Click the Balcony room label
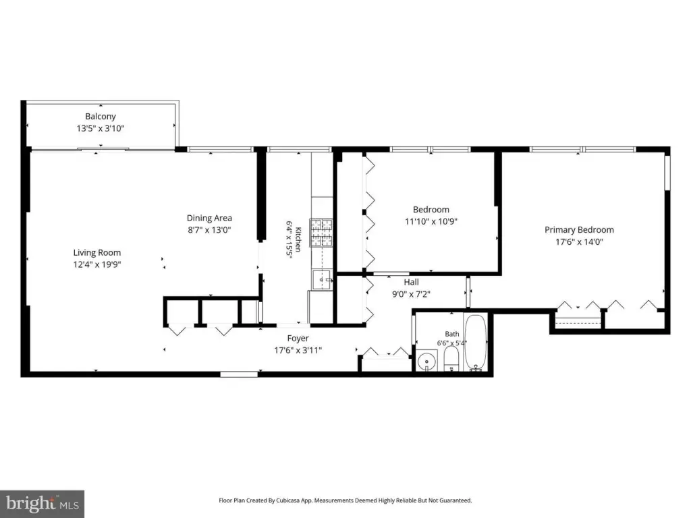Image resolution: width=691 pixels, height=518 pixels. click(101, 116)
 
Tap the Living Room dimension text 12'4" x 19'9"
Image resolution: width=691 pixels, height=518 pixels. click(97, 264)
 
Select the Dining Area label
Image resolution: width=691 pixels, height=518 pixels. click(209, 218)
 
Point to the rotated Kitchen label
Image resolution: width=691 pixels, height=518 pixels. click(298, 239)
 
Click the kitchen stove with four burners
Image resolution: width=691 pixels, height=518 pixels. click(321, 233)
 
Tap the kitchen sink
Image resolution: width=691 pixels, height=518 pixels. click(322, 280)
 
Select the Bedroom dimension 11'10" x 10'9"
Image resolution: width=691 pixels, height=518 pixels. click(431, 221)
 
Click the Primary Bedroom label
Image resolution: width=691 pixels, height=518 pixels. click(579, 229)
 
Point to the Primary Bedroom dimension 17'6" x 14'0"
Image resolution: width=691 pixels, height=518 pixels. click(579, 241)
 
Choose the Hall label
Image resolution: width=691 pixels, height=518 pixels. click(411, 282)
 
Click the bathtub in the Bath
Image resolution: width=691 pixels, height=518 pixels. click(476, 342)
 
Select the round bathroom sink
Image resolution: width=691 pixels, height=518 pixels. click(426, 362)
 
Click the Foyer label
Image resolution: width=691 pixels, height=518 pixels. click(298, 339)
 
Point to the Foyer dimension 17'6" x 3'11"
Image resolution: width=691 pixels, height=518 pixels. click(298, 350)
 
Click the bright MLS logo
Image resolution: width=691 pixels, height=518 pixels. click(43, 504)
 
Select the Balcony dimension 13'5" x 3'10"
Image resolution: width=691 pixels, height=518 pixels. click(101, 128)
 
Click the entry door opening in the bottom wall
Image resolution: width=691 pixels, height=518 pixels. click(239, 374)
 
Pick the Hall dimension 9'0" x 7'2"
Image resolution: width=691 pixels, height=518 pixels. click(411, 294)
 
